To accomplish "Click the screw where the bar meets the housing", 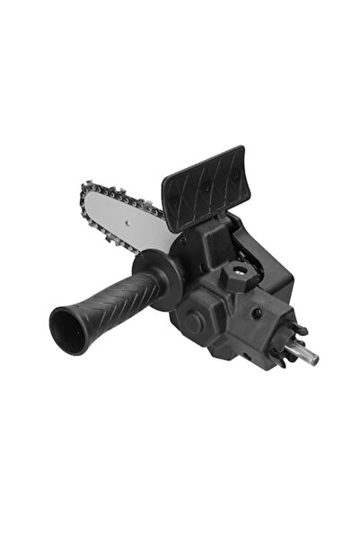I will point(182,241).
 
